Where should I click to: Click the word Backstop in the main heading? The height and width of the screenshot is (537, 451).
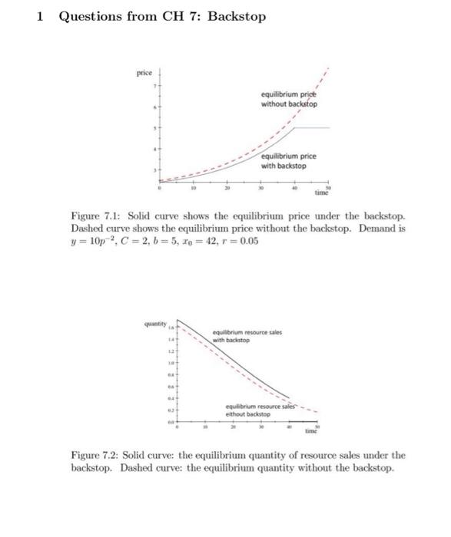coord(237,15)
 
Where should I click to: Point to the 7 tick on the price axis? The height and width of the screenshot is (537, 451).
coord(154,84)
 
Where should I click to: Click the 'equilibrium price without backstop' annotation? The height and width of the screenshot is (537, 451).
coord(289,100)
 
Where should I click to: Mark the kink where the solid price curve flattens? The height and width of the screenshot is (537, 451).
coord(298,127)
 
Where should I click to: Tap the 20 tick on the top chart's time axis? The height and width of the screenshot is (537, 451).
coord(227,187)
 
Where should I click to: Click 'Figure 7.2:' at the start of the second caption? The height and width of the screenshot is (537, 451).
coord(93,456)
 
